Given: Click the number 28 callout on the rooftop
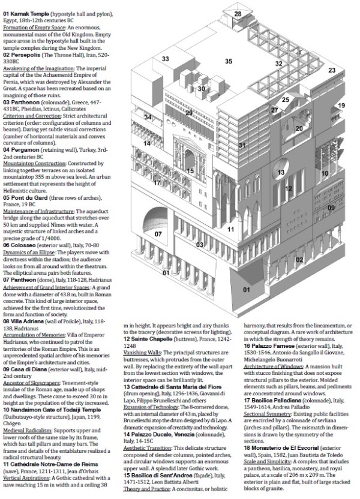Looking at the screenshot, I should point(238,14).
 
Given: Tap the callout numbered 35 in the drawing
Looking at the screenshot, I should point(229,61).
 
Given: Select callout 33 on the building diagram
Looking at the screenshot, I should point(166,59).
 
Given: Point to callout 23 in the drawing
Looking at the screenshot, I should point(332,70).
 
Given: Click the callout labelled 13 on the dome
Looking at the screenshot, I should point(280,173).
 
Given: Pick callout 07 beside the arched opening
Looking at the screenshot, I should point(158,234).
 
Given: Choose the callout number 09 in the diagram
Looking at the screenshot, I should point(331,208).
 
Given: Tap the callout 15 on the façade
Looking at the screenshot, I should point(190,171).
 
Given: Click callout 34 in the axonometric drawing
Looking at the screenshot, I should point(148,118).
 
